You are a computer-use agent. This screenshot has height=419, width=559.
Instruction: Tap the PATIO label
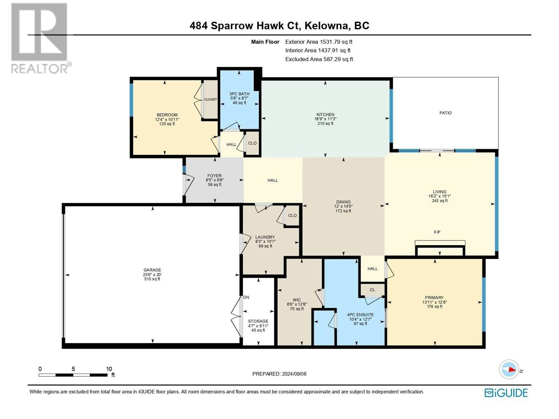445,113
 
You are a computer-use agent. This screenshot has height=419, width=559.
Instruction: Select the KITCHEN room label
325,115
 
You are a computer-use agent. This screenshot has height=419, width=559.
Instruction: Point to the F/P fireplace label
437,232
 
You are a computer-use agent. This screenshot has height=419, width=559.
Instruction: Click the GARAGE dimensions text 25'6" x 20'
152,274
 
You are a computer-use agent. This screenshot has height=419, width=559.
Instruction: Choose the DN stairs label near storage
246,297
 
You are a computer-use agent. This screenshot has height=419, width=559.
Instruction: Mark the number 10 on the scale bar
109,369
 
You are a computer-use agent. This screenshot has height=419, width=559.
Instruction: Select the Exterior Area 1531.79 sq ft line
319,42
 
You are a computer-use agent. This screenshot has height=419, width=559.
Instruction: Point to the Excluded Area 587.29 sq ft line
319,59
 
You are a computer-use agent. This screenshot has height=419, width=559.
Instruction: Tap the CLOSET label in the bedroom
210,100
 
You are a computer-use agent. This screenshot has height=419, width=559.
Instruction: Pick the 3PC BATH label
239,94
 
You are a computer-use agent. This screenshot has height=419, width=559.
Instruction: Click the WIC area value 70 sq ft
297,309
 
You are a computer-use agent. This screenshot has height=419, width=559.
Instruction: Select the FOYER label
215,176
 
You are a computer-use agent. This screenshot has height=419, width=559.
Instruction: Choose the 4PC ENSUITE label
360,315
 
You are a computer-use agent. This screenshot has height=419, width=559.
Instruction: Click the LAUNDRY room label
265,237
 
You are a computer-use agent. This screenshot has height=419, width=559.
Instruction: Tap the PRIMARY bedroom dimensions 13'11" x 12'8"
435,302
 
